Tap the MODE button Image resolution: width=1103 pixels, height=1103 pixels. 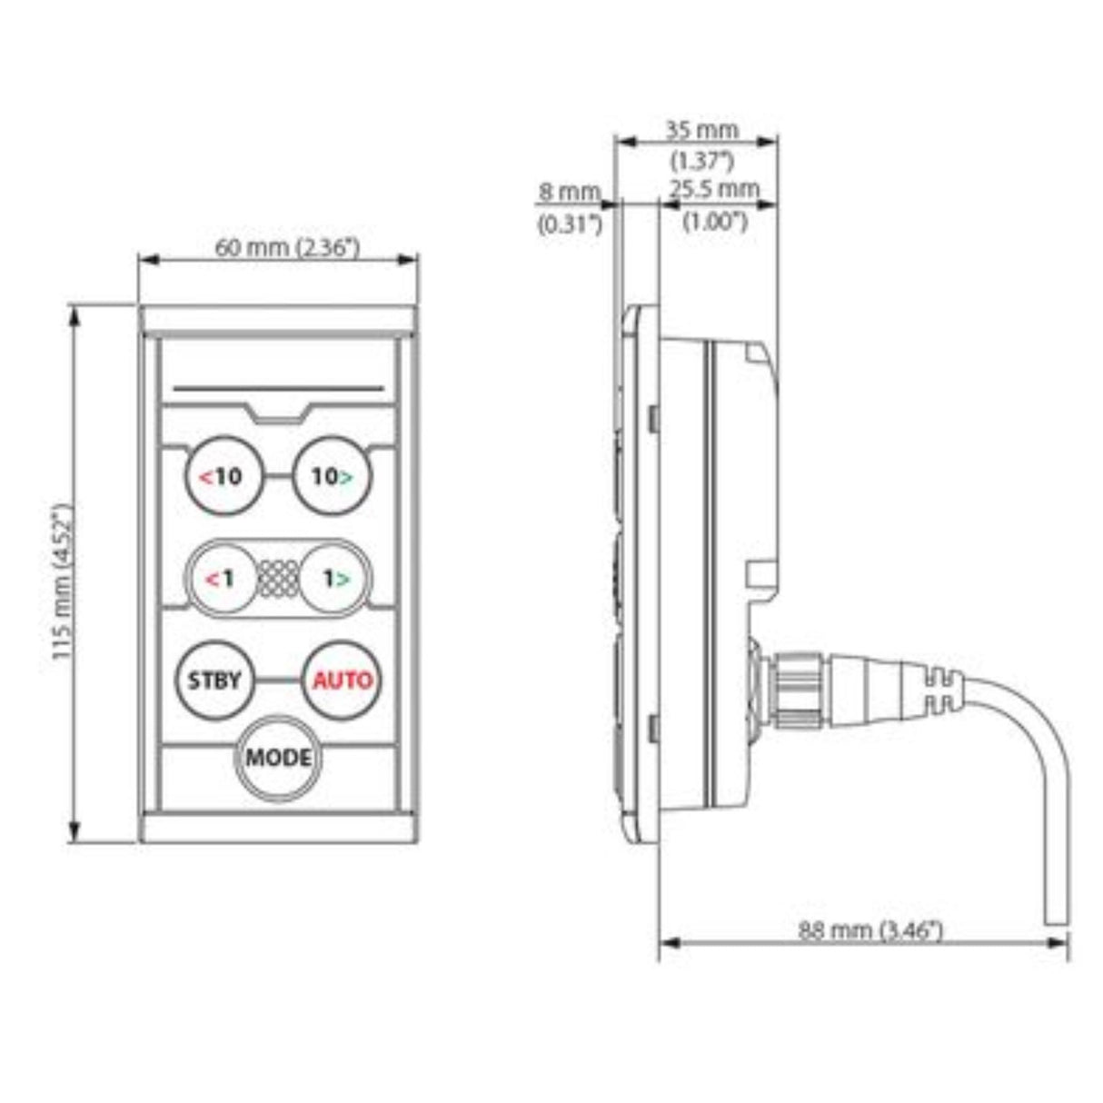[278, 757]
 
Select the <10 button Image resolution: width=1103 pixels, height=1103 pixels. [223, 476]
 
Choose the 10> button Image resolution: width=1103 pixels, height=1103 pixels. [333, 476]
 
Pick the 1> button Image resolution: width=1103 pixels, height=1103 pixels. [333, 578]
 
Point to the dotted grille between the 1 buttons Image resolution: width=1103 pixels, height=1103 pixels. [278, 578]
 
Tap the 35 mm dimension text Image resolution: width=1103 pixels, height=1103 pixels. [701, 130]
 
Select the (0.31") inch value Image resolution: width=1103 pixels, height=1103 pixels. [570, 224]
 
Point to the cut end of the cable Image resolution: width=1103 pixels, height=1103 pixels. [1057, 924]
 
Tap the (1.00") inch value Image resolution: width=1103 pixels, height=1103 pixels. [715, 222]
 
